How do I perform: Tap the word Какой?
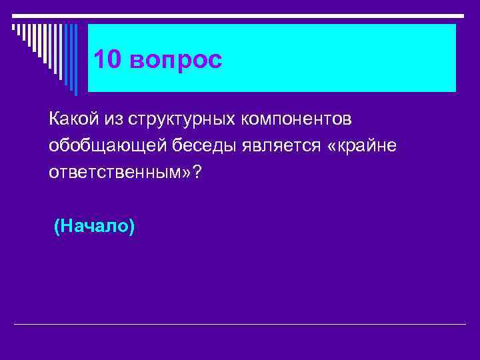pos(69,119)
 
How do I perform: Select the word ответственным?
pos(113,172)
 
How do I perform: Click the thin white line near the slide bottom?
pos(240,325)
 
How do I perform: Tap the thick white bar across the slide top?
pos(240,15)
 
